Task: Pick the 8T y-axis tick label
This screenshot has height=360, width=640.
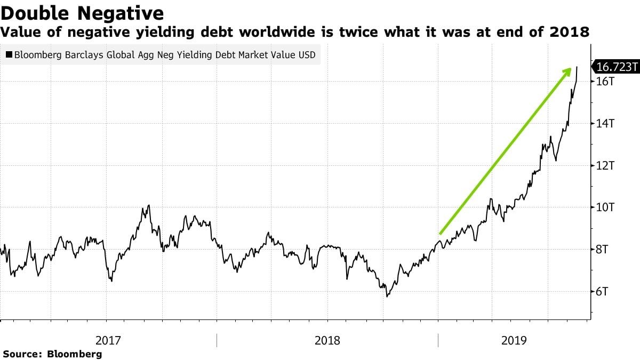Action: point(602,250)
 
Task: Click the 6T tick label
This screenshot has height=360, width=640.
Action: point(602,292)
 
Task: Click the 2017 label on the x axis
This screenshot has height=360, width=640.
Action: point(108,340)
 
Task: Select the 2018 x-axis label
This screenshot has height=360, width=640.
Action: point(327,340)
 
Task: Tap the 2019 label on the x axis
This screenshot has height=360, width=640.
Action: point(514,340)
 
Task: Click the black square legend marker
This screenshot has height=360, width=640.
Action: point(9,54)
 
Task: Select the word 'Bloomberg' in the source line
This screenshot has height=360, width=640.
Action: point(75,354)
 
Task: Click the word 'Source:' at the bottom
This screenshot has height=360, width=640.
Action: point(23,354)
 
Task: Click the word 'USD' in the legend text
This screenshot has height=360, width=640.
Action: point(306,54)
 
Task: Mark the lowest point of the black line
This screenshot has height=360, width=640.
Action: point(387,296)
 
